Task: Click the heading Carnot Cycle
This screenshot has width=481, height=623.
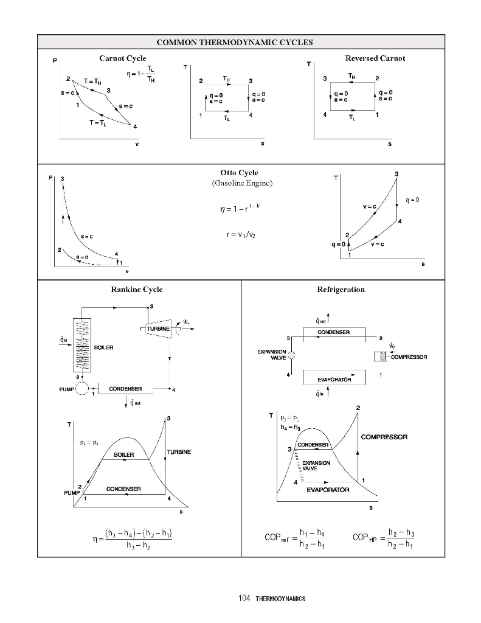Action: tap(122, 58)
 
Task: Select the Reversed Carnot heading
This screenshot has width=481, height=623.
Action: tap(375, 58)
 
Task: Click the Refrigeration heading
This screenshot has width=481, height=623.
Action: tap(341, 290)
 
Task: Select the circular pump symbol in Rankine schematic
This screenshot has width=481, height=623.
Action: tap(82, 388)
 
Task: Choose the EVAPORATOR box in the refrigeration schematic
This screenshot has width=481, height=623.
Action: tap(334, 378)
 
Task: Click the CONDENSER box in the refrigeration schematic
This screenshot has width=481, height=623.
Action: tap(334, 332)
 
